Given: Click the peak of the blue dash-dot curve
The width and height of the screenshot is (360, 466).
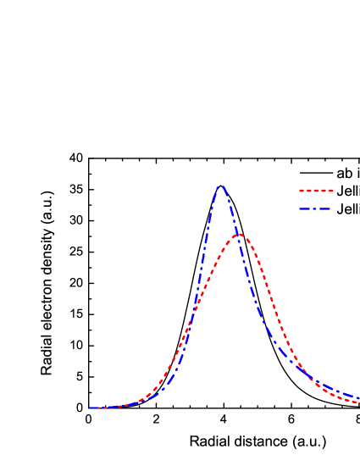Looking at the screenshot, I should point(221,186).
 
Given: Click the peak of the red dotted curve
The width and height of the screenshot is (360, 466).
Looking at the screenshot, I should point(240,235).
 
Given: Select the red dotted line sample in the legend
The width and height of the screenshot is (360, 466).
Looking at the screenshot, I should point(316,191).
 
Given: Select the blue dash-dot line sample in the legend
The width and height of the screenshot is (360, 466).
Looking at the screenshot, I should point(315,208).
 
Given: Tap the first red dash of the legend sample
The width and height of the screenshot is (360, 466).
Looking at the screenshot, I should point(302,191).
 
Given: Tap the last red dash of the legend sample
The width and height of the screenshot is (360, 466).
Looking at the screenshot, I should point(330,191).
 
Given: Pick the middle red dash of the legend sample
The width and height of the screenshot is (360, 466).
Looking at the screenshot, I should point(316,191).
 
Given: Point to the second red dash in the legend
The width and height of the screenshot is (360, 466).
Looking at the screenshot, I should point(308,191).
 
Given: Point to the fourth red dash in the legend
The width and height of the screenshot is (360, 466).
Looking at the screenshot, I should point(324,191).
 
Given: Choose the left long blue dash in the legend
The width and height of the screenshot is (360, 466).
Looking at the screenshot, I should point(304,208).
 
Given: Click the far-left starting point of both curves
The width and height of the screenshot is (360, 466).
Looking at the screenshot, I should point(90,408).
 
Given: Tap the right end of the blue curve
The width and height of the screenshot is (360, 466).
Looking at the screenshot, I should point(358,397).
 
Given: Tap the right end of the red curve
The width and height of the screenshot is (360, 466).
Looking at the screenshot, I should point(358,402).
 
